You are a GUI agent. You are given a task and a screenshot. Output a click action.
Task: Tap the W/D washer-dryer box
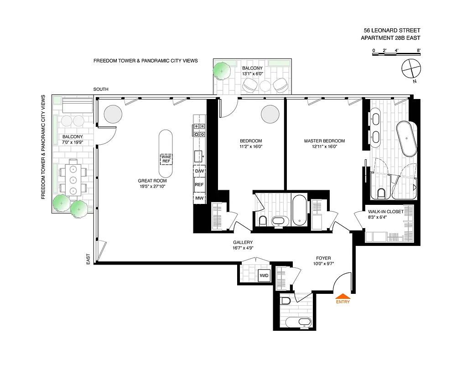264,276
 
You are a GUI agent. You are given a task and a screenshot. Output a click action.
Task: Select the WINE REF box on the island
166,159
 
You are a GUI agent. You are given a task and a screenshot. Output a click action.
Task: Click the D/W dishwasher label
199,171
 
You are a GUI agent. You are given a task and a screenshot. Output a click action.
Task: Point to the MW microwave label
199,198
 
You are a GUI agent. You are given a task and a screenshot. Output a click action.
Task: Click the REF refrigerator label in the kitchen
199,185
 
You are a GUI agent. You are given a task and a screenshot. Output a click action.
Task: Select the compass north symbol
410,69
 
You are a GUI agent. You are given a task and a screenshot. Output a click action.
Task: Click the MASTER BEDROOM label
324,141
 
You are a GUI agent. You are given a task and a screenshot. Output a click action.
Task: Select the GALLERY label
243,242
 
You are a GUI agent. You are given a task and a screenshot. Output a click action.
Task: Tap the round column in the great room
113,114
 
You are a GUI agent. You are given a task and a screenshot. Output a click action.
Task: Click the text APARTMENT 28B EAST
390,38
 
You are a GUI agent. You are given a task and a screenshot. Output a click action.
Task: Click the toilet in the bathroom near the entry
286,301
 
